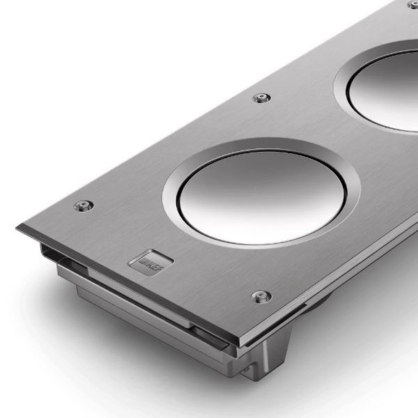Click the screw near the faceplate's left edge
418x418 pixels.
click(x=84, y=206)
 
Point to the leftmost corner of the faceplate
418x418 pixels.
click(x=19, y=227)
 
